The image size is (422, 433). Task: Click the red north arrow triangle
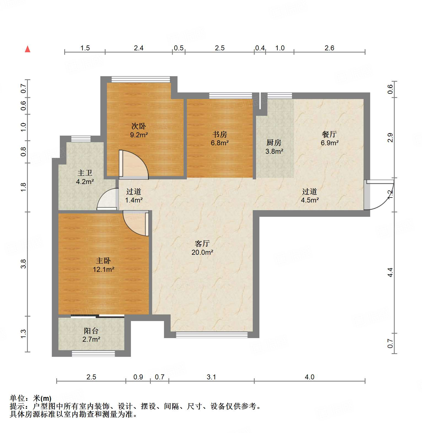[28, 49]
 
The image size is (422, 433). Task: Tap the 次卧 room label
[139, 126]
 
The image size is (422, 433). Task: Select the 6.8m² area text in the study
[220, 143]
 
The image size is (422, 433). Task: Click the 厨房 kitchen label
[274, 143]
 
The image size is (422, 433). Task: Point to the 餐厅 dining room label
[329, 134]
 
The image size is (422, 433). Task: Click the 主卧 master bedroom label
[103, 261]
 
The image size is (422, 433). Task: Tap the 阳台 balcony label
[91, 331]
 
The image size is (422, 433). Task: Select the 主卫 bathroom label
[85, 173]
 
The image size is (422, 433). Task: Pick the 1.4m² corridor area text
[134, 200]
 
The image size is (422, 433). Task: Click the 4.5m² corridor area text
[310, 200]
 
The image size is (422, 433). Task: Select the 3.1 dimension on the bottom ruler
[211, 377]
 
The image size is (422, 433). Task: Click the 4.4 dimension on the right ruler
[390, 272]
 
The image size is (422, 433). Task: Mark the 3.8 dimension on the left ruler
[24, 264]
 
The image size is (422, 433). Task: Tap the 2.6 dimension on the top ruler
[329, 48]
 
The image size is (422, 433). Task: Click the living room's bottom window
[212, 335]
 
